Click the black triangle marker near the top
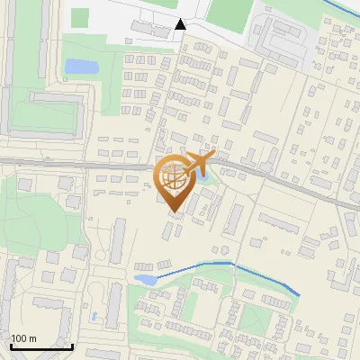click(181, 24)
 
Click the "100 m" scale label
click(23, 337)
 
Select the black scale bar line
click(41, 346)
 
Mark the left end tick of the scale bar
click(11, 345)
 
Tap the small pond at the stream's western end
click(144, 279)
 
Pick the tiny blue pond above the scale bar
click(94, 316)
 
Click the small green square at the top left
click(80, 17)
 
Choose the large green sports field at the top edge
click(229, 11)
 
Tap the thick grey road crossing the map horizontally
click(90, 164)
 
